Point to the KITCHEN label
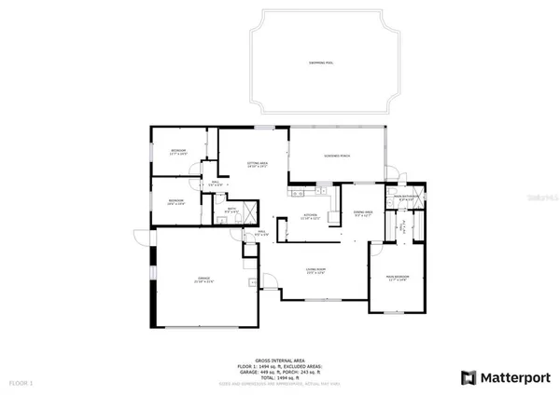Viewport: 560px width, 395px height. pos(310,219)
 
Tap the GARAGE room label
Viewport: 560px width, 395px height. pos(202,281)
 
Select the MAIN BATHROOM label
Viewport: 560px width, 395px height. pos(408,197)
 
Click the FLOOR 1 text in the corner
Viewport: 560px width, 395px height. pos(20,383)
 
